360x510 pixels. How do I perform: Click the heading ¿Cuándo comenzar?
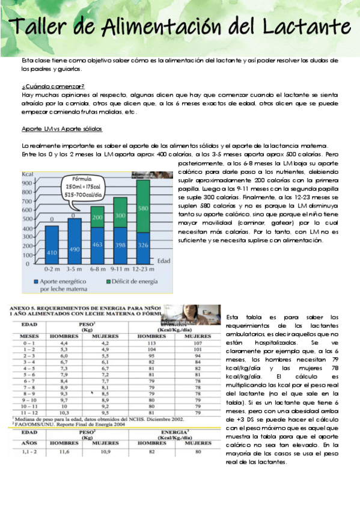click(x=52, y=87)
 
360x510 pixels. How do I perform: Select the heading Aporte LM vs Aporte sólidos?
click(x=62, y=129)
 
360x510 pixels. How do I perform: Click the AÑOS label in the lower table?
click(x=29, y=442)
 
